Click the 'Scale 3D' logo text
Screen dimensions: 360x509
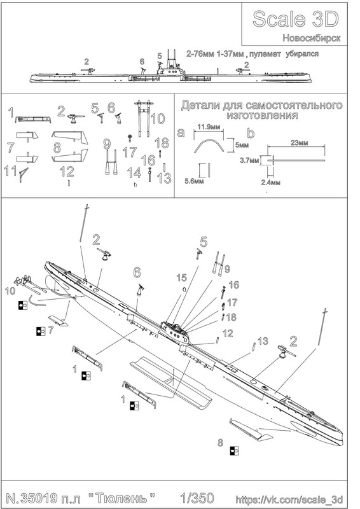coord(295,19)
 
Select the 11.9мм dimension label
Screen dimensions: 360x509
coord(208,127)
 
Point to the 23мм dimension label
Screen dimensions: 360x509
coord(299,143)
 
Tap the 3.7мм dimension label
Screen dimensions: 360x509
coord(249,160)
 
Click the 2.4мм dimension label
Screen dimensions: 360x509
coord(270,183)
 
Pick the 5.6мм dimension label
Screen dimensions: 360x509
coord(194,181)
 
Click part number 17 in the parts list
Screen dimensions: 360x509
coord(130,152)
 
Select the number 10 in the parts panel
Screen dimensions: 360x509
coord(158,118)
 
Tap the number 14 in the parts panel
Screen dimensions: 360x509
coord(134,172)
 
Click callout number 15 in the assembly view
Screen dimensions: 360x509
coord(181,277)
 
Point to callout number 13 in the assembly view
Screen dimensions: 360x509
coord(263,341)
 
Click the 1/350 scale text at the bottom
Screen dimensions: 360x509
coord(197,498)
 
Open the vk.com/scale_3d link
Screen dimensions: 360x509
coord(289,499)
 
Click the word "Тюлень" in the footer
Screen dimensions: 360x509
coord(121,498)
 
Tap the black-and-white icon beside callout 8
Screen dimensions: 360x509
coord(234,451)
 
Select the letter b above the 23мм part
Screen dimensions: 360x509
coord(251,133)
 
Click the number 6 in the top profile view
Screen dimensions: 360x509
coord(142,61)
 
